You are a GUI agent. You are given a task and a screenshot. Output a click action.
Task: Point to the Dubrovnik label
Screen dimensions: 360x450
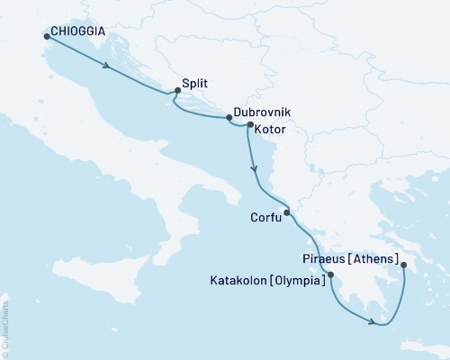pos(260,113)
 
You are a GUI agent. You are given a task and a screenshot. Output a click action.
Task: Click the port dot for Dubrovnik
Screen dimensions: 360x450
pos(229,118)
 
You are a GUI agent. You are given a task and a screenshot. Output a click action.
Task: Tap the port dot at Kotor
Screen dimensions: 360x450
pos(249,126)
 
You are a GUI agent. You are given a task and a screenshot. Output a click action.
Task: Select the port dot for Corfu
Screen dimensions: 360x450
pos(286,212)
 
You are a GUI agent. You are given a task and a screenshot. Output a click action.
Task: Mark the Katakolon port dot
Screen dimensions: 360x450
pos(331,274)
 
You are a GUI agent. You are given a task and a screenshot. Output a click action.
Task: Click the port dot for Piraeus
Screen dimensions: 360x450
pos(403,265)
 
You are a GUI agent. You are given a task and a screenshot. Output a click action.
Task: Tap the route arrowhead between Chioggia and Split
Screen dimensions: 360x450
pos(109,67)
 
